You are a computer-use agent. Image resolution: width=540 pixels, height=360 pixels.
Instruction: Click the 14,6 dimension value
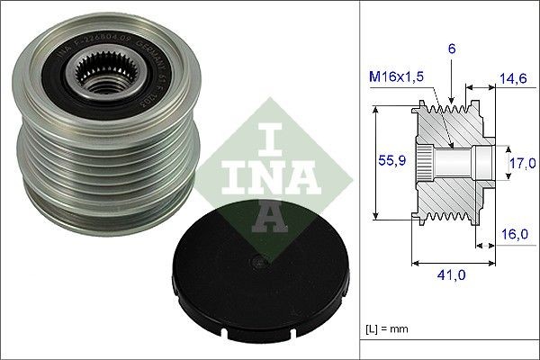pyautogui.click(x=513, y=78)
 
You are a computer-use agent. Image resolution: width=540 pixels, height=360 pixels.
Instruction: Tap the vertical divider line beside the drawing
pyautogui.click(x=361, y=180)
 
